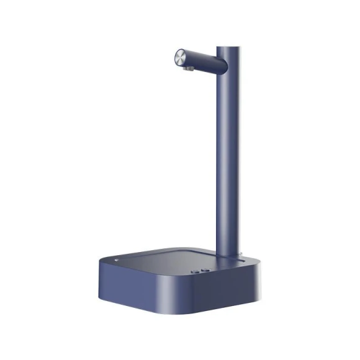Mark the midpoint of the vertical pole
click(225, 149)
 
